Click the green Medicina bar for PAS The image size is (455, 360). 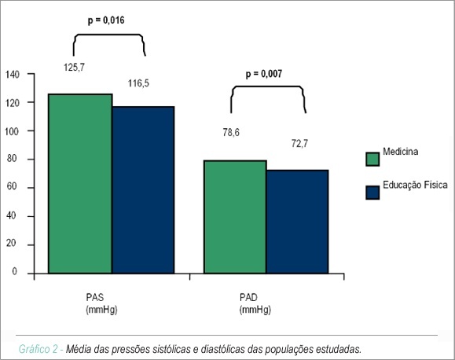tap(80, 183)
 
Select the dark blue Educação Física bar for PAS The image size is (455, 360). tap(143, 190)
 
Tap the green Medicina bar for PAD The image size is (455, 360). tap(235, 217)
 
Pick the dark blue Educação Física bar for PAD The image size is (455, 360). tap(297, 222)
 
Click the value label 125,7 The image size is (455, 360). tap(75, 68)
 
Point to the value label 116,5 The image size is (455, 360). tap(139, 83)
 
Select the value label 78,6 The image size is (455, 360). tap(231, 133)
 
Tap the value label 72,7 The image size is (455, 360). tap(299, 143)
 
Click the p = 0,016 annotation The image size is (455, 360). tap(106, 20)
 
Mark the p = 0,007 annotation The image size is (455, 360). tap(264, 74)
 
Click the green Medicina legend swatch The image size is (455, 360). tap(372, 159)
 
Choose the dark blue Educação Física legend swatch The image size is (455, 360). tap(372, 193)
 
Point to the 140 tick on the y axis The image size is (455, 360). tap(13, 75)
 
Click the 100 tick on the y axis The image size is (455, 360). tap(12, 131)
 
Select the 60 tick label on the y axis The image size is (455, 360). tap(13, 186)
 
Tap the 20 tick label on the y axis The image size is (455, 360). tap(12, 243)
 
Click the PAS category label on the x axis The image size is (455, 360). tap(95, 297)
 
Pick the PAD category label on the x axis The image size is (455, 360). tap(248, 297)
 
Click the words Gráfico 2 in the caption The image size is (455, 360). tap(39, 349)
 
